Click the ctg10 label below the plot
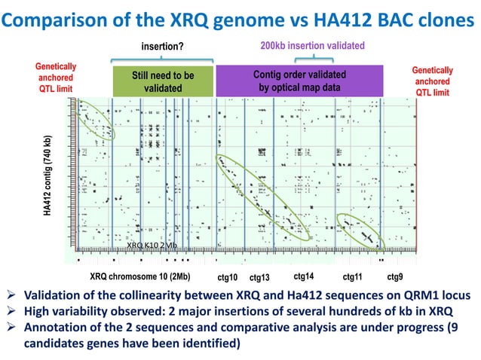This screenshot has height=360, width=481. pyautogui.click(x=227, y=276)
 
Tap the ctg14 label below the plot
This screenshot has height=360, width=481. pyautogui.click(x=304, y=275)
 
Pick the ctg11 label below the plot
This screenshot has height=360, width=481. pyautogui.click(x=353, y=276)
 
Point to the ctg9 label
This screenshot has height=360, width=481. pyautogui.click(x=394, y=276)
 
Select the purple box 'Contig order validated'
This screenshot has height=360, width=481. pyautogui.click(x=300, y=81)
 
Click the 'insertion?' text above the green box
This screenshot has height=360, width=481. pyautogui.click(x=162, y=49)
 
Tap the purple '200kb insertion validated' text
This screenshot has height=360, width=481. pyautogui.click(x=312, y=47)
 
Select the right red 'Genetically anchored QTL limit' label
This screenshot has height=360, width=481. pyautogui.click(x=432, y=81)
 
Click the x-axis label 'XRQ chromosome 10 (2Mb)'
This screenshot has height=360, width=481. pyautogui.click(x=139, y=276)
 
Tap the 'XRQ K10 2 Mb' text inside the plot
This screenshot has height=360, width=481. pyautogui.click(x=152, y=246)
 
